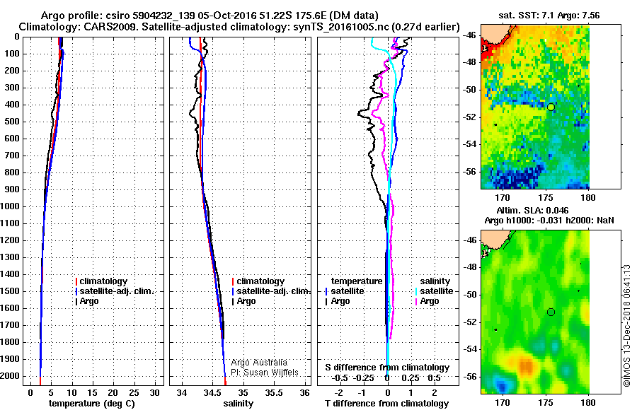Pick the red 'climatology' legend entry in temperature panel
click(103, 281)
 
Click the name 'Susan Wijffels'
click(268, 372)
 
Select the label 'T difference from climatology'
click(386, 404)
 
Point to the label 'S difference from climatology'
click(387, 368)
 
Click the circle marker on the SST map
click(551, 107)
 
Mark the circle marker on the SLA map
click(551, 312)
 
